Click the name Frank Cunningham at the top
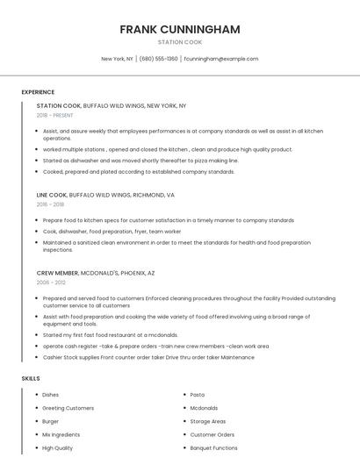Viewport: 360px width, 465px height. coord(179,29)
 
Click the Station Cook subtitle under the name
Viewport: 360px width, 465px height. coord(179,42)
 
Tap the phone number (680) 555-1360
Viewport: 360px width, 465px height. coord(158,59)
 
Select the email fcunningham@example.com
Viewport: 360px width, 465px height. coord(221,59)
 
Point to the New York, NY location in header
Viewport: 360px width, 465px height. coord(117,59)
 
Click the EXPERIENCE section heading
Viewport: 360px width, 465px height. coord(38,92)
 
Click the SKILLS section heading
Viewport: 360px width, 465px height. coord(31,378)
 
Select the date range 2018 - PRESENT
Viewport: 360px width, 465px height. coord(55,115)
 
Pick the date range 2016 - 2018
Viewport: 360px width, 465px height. coord(50,204)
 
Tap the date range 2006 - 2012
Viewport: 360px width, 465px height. coord(50,283)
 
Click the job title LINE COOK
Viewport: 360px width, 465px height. coord(52,195)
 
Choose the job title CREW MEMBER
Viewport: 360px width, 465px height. coord(57,273)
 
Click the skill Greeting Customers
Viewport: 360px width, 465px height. coord(68,408)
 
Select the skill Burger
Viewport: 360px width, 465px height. coord(51,421)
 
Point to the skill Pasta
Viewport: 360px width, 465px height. coord(198,395)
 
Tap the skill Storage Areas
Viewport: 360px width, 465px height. coord(207,421)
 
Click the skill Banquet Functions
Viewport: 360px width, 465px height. coord(213,447)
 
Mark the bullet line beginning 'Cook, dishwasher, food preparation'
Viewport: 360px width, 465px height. coord(112,232)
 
